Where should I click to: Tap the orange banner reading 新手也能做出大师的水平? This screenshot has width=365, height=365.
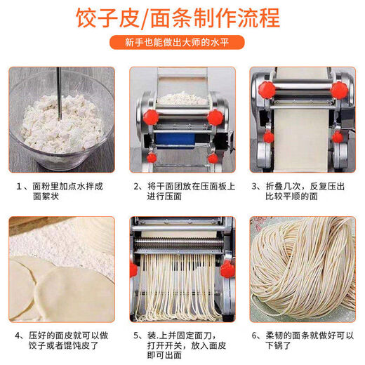point(182,44)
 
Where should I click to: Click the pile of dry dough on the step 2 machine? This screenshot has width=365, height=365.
point(182,98)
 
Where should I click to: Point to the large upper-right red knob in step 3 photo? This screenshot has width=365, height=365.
point(338,90)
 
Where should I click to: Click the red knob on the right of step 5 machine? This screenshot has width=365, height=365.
point(226,269)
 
